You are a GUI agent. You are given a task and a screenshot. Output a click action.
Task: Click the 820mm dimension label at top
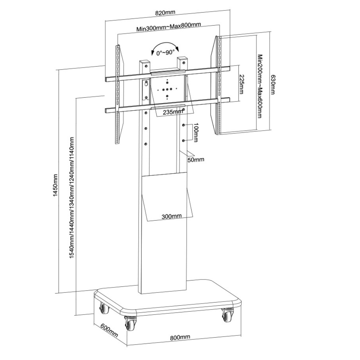(x=165, y=13)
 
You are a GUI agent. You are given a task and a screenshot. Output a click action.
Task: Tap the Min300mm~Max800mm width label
(x=169, y=27)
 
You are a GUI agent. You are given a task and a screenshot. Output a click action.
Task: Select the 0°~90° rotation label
(x=166, y=53)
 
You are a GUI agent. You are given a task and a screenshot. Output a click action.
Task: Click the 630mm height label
(x=272, y=84)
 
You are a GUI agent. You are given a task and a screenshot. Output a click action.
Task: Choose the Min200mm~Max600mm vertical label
(x=259, y=86)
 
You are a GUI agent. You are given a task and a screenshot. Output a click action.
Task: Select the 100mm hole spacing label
(x=195, y=132)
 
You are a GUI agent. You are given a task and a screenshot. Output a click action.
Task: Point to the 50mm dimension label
(x=196, y=159)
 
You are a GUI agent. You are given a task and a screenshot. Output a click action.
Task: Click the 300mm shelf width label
(x=172, y=216)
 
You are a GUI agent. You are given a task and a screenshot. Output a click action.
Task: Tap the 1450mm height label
(x=55, y=185)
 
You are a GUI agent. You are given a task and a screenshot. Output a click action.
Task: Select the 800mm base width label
(x=180, y=337)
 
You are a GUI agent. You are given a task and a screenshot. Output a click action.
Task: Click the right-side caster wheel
(x=228, y=314)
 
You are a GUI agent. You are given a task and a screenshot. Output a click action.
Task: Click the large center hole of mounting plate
(x=167, y=90)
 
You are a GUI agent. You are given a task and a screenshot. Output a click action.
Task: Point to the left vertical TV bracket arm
(x=118, y=94)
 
